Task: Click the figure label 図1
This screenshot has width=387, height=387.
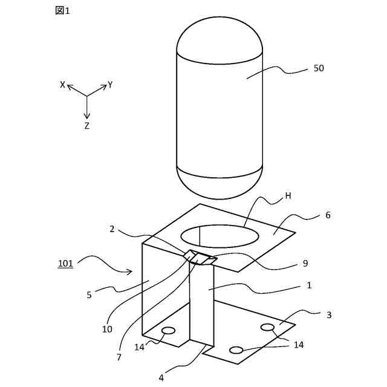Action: [62, 11]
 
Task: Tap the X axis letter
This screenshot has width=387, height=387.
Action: [62, 85]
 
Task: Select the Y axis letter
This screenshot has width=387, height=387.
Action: [110, 85]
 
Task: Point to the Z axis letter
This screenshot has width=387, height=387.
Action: [87, 126]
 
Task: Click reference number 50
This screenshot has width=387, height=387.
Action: [319, 68]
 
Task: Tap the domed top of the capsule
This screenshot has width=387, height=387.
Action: [220, 36]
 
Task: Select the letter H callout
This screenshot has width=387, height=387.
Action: [288, 196]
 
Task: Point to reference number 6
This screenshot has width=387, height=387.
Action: [328, 215]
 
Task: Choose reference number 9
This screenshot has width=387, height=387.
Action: [305, 264]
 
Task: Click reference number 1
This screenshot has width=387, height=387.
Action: [309, 285]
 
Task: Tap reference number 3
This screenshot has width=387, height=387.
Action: [328, 315]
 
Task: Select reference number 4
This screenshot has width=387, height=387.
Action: [161, 378]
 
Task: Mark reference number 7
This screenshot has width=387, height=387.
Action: [119, 357]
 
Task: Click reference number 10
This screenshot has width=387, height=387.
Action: [107, 330]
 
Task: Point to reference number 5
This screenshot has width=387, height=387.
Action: [89, 295]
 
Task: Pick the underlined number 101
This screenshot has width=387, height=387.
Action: [65, 264]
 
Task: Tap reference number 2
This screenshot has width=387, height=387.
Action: [112, 229]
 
